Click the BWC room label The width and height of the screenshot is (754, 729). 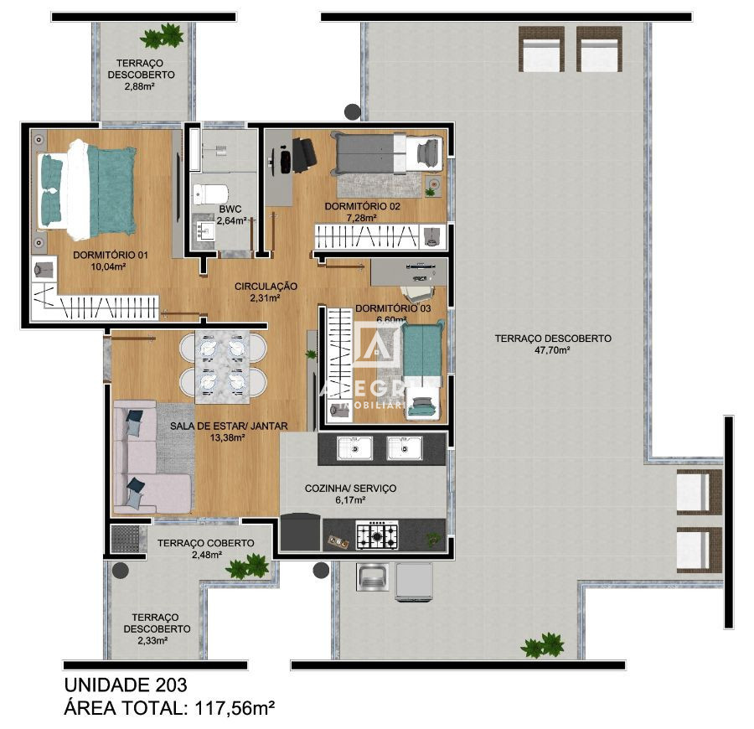230,209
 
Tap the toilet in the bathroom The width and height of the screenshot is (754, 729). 205,193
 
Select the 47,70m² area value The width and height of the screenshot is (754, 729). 552,350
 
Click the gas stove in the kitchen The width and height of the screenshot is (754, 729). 377,534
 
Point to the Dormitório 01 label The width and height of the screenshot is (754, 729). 99,256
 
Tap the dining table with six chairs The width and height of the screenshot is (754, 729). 223,364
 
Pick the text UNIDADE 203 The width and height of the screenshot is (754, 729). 126,685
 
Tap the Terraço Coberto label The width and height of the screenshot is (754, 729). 205,543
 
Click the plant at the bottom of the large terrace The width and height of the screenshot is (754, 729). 542,645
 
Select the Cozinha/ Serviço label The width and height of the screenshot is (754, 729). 350,489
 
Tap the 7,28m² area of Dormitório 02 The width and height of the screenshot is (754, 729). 362,217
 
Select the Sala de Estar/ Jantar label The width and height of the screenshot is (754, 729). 229,426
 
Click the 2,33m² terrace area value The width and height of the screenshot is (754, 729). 152,640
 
